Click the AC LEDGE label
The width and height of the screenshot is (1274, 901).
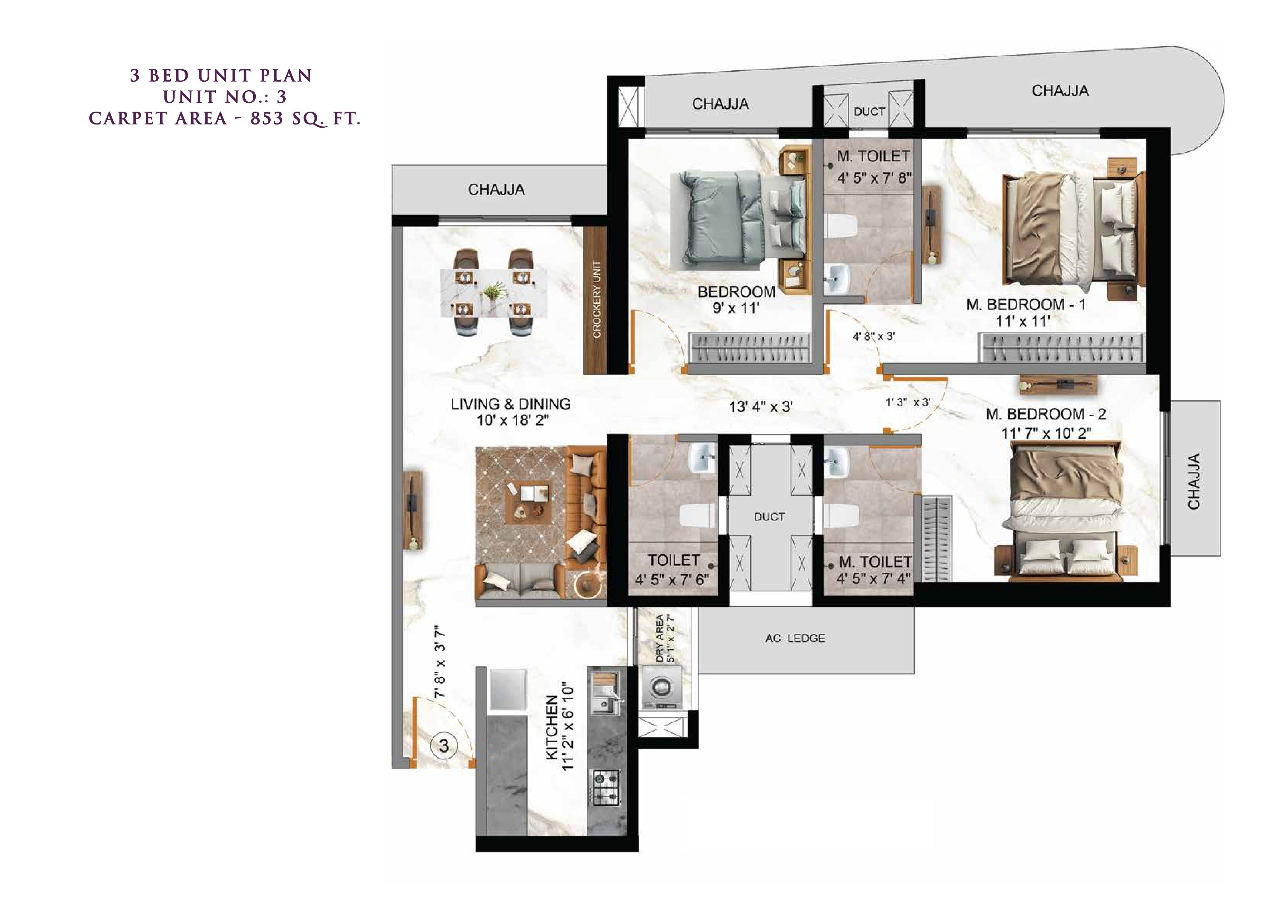tap(795, 638)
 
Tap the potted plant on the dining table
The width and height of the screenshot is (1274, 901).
tap(492, 292)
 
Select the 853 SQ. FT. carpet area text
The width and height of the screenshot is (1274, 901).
tap(305, 119)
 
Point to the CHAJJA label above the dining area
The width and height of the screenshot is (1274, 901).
tap(496, 190)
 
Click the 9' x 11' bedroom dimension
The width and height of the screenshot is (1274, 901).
tap(736, 309)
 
